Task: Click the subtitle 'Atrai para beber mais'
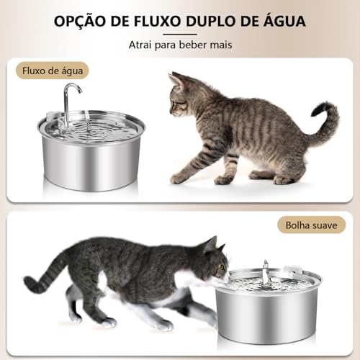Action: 179,45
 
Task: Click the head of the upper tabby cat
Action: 181,94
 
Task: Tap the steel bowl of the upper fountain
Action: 93,162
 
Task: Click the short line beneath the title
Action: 179,33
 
